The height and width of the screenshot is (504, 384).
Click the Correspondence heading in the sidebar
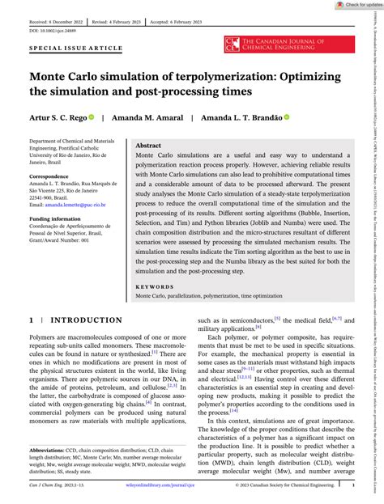(x=52, y=198)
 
